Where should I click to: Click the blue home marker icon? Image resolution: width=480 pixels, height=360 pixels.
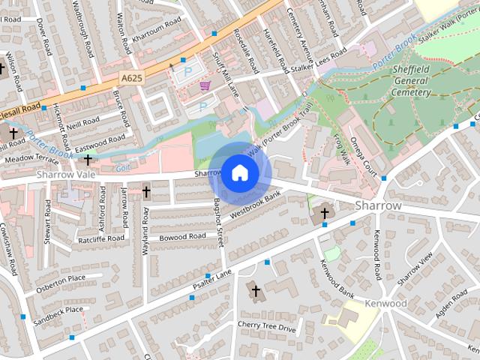(x=239, y=173)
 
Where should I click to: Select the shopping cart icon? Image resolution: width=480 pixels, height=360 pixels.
(x=204, y=87)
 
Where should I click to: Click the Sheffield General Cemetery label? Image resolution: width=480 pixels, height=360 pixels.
(x=412, y=81)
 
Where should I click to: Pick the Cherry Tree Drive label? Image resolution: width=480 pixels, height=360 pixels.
(x=267, y=327)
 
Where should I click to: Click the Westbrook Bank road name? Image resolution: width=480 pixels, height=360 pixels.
(x=255, y=205)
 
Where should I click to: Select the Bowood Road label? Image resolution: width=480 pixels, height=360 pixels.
(x=181, y=237)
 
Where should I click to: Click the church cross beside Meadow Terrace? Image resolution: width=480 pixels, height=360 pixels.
(x=88, y=159)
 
